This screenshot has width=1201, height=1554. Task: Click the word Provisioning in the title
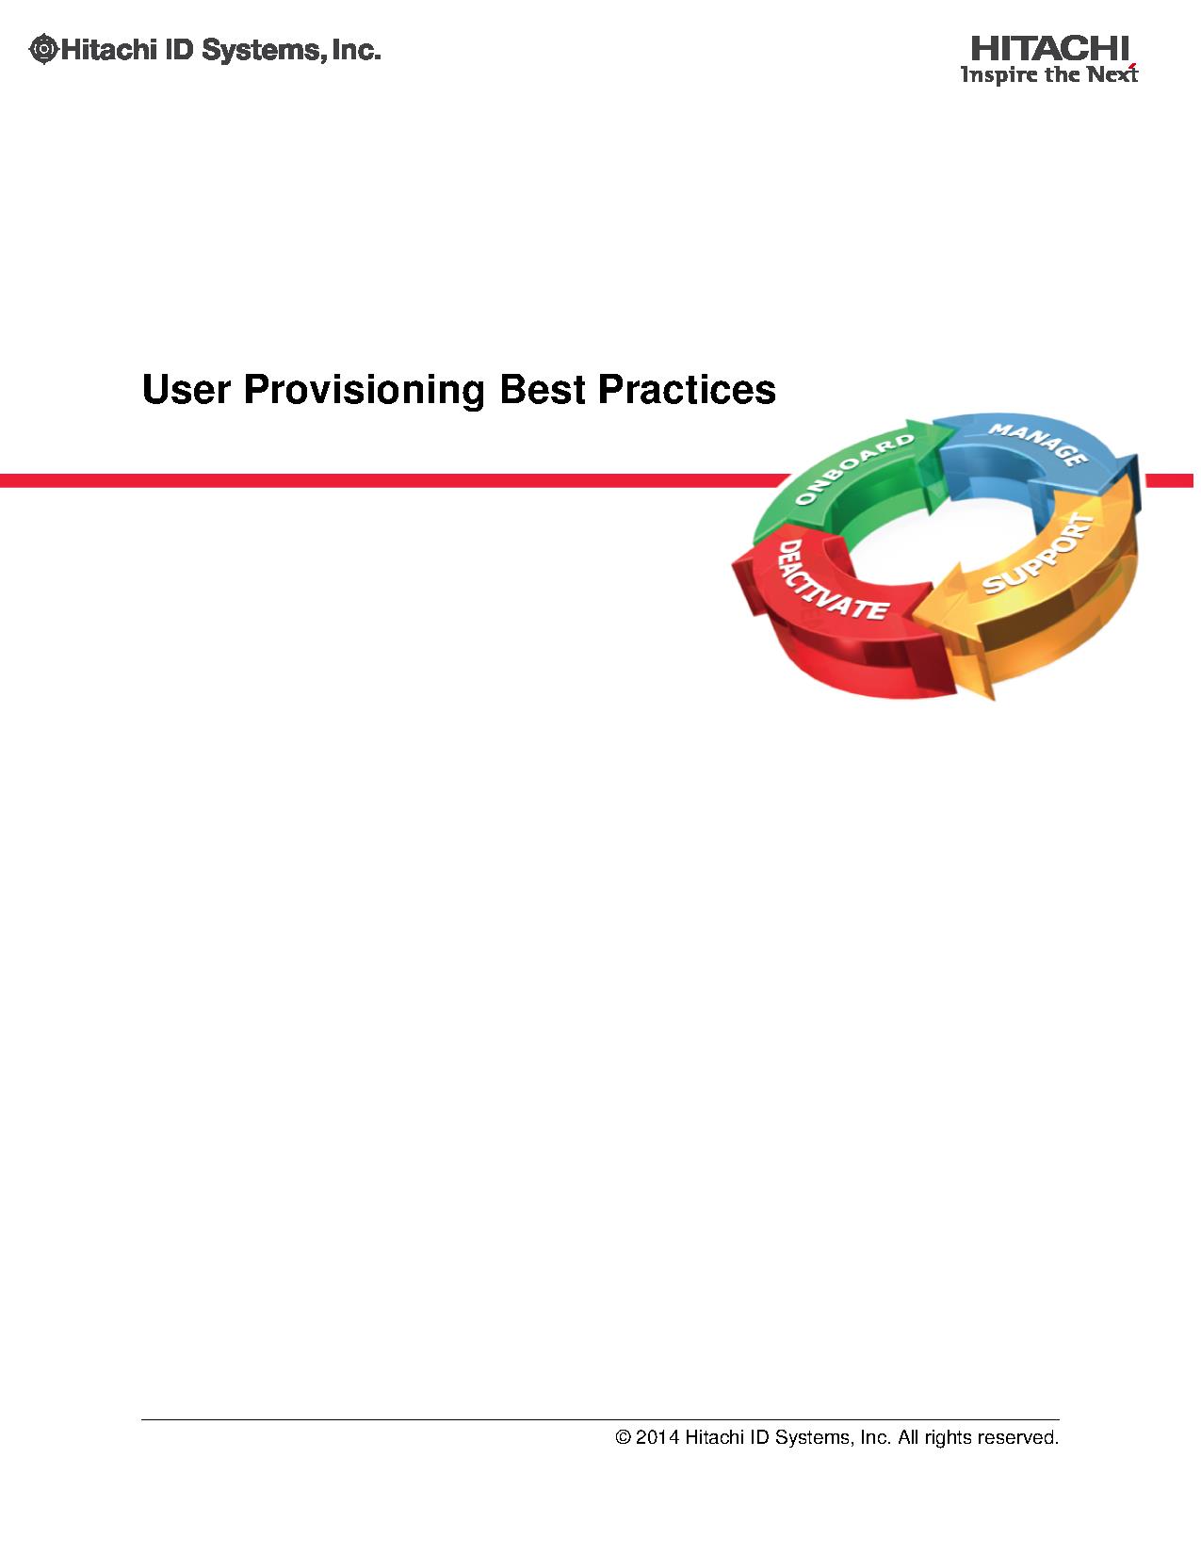pos(365,391)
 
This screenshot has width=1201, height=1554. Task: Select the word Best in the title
pos(542,390)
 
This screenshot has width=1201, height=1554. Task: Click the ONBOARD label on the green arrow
pos(854,469)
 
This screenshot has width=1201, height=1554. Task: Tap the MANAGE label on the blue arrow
pos(1038,445)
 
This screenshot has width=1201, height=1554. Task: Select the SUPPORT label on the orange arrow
pos(1038,554)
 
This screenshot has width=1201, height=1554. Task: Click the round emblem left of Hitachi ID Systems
pos(43,50)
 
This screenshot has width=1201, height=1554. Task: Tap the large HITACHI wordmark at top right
pos(1049,49)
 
